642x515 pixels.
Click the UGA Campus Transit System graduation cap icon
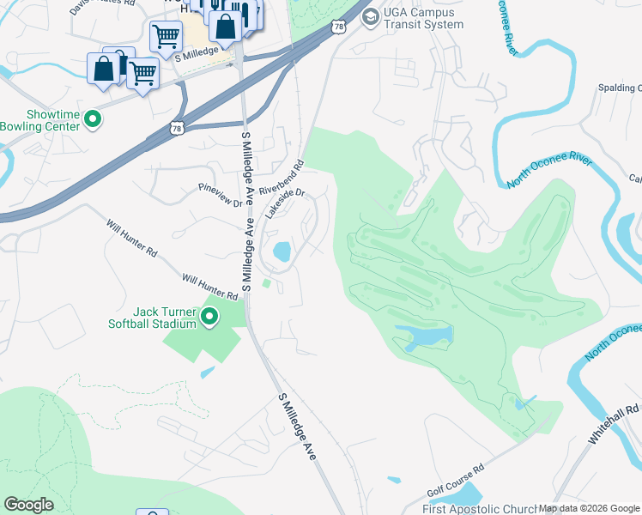370,16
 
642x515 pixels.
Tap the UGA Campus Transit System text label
424,18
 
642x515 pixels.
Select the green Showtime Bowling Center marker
94,119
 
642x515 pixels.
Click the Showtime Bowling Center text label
40,120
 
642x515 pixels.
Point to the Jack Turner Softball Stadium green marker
209,319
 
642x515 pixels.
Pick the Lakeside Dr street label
285,204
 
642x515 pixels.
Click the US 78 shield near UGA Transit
341,27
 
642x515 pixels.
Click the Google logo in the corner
29,505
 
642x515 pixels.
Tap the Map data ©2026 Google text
588,508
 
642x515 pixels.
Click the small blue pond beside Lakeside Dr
282,251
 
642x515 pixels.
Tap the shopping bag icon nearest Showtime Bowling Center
103,69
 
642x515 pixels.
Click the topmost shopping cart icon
165,36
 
